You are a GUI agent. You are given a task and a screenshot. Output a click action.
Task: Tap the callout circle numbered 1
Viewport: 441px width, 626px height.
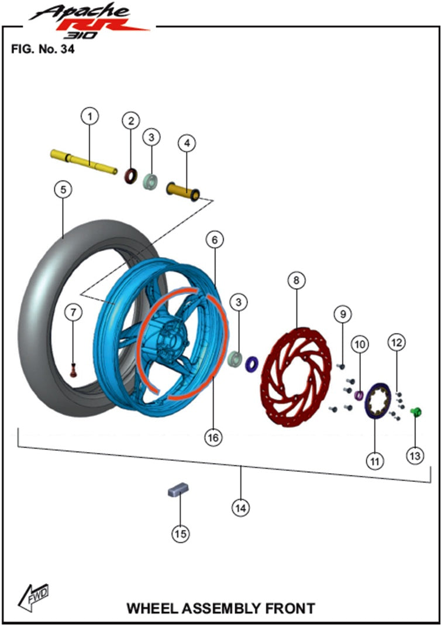pyautogui.click(x=89, y=117)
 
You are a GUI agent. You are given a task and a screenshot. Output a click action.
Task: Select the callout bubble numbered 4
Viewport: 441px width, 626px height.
pyautogui.click(x=187, y=143)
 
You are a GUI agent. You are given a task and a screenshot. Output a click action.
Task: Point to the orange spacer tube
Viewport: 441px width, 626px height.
pyautogui.click(x=183, y=190)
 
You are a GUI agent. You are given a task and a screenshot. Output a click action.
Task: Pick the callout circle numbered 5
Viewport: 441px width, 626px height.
pyautogui.click(x=64, y=190)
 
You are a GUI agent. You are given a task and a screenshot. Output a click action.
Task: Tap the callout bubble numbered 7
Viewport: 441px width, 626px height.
pyautogui.click(x=73, y=313)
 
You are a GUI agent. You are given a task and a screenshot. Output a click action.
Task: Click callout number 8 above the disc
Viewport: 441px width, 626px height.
pyautogui.click(x=297, y=280)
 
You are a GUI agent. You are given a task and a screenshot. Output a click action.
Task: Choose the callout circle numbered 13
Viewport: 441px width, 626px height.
pyautogui.click(x=415, y=456)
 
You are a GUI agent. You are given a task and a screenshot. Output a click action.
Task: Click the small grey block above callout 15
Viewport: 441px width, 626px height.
pyautogui.click(x=177, y=490)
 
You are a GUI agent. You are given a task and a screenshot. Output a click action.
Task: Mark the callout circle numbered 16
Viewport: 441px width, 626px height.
pyautogui.click(x=214, y=437)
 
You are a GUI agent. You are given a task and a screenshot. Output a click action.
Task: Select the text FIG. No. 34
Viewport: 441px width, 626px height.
pyautogui.click(x=43, y=49)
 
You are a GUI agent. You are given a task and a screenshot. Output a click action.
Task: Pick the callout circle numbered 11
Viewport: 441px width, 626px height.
pyautogui.click(x=375, y=460)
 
